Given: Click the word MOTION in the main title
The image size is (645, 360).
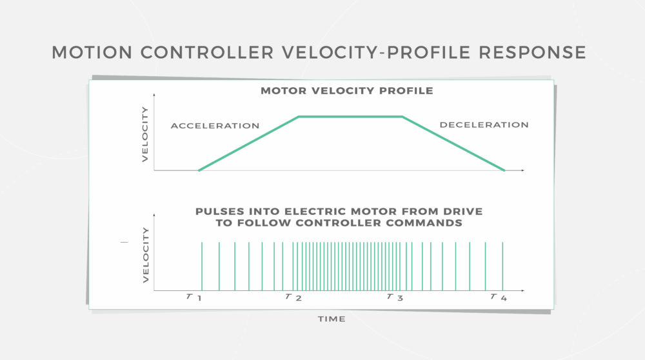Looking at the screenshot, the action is point(92,53).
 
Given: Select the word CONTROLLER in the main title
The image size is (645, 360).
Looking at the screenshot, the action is point(207,53).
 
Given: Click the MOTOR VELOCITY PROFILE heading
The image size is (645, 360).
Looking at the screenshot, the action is point(347,91).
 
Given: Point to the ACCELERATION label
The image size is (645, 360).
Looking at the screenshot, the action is point(215,126).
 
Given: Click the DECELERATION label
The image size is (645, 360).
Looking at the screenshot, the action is point(484,125).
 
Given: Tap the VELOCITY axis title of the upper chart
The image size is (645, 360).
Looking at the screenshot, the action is point(144,134).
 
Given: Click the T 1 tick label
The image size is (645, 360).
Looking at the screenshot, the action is point(193,297).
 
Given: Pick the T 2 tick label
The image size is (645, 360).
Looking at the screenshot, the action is point(293,297).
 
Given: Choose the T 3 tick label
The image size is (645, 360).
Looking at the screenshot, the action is point(395,297).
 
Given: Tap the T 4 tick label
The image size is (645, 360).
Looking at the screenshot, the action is point(499,297).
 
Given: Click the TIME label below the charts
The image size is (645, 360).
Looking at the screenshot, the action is point(332,319).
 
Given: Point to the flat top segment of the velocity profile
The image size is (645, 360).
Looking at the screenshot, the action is point(350,117).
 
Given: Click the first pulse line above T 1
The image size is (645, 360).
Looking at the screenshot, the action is point(202,266).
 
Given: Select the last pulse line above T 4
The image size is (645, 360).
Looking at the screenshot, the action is point(502,266).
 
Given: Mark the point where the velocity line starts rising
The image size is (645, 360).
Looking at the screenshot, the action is point(199,170).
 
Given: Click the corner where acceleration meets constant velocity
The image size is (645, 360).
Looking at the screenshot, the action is point(299,117).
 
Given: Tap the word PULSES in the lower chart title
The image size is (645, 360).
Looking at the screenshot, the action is point(219,212).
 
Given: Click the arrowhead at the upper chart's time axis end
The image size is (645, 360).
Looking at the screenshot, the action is point(523,170).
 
